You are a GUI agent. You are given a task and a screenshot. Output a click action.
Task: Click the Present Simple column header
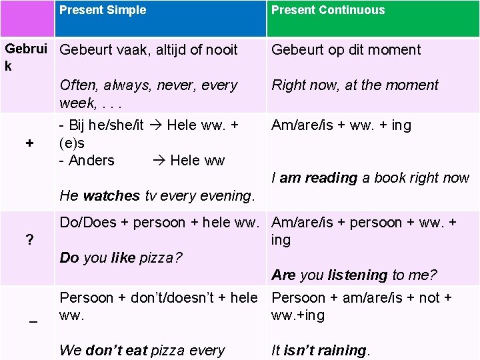coord(103,10)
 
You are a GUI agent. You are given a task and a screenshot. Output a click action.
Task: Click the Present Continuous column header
coord(328,10)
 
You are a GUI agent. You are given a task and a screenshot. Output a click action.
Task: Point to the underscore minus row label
coord(33,321)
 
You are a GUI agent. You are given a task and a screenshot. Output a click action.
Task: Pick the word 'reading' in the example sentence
coord(331,178)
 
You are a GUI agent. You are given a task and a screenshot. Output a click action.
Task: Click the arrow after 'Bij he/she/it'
coord(157,125)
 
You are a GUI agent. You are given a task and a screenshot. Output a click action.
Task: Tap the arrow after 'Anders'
coord(160,161)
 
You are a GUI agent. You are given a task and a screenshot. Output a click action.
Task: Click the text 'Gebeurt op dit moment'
coord(346,49)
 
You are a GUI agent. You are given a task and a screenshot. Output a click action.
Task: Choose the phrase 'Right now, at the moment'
coord(355,85)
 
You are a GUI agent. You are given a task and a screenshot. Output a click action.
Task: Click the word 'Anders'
coord(91,161)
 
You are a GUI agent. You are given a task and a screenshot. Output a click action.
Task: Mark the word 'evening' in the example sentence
coord(227,196)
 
